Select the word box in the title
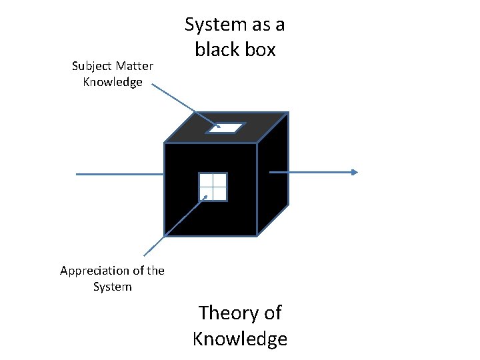click(261, 50)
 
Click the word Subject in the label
click(92, 66)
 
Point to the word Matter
click(133, 66)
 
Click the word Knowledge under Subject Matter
click(113, 82)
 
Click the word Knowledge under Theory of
click(240, 339)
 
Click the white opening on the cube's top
click(226, 127)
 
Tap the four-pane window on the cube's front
click(213, 187)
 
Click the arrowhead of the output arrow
click(355, 172)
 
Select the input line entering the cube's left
click(120, 174)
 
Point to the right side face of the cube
click(273, 193)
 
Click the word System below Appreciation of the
click(112, 287)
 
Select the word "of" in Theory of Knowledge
click(270, 313)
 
